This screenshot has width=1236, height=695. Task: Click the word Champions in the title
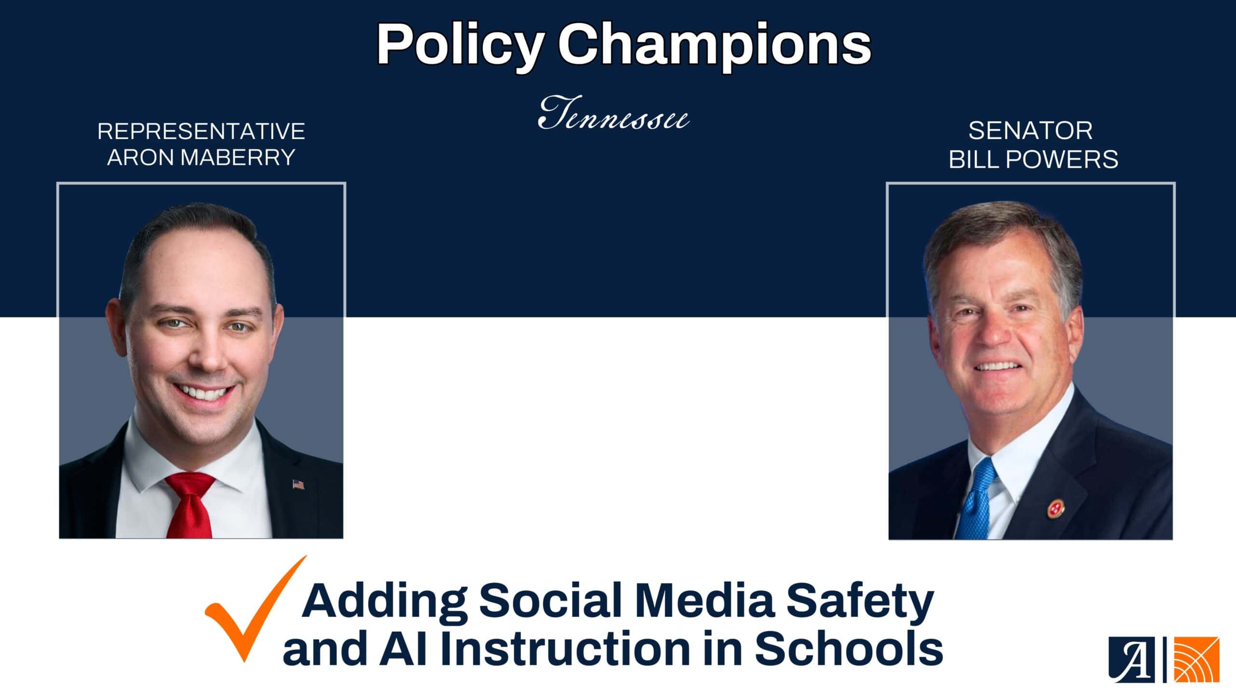715,45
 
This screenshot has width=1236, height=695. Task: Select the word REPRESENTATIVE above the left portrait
201,131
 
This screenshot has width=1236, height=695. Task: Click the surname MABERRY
238,158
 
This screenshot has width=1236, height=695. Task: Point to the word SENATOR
1030,131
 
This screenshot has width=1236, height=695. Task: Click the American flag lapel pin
298,484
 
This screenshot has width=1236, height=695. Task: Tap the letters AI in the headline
404,649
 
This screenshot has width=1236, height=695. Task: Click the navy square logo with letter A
1131,659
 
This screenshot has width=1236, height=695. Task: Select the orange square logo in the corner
1196,659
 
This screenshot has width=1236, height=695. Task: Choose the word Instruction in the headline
565,649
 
